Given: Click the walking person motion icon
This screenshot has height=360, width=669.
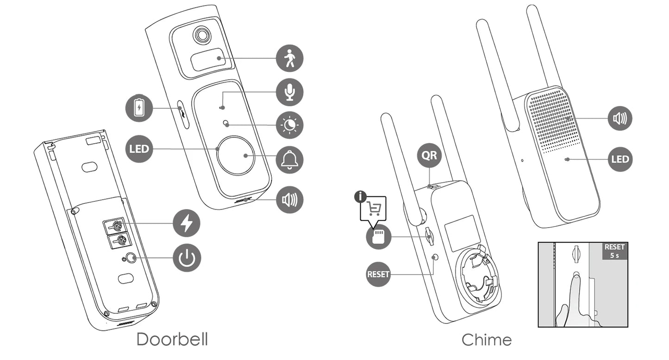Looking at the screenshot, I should [x=289, y=58].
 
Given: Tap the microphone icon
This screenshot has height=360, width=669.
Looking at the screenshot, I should [x=289, y=92].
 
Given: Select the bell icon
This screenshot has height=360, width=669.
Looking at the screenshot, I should [x=289, y=160].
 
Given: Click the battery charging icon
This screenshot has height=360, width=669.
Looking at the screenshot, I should [x=139, y=108].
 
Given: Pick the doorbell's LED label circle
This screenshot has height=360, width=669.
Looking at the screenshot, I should [x=139, y=149].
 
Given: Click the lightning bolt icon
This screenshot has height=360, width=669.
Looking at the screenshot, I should [x=187, y=223].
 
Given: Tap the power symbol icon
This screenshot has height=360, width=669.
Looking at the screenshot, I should [x=187, y=258].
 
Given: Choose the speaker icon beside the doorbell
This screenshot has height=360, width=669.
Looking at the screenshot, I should [x=289, y=200].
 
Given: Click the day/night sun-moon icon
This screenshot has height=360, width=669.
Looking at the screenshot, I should [x=289, y=125].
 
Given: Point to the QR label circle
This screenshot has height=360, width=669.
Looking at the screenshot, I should [x=429, y=156].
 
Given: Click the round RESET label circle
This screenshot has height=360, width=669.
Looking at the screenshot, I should [x=378, y=274].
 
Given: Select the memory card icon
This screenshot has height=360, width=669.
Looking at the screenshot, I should [x=378, y=237].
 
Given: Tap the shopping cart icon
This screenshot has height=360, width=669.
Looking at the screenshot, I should [x=374, y=208].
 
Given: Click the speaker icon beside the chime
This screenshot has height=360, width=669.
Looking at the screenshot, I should [x=619, y=118].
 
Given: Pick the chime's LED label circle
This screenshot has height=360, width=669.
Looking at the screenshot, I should [x=619, y=159].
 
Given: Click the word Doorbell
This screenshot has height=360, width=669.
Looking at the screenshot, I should [x=172, y=340].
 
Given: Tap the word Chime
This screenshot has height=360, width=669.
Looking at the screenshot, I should [x=487, y=340].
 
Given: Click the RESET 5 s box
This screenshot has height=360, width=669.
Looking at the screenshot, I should [x=614, y=251].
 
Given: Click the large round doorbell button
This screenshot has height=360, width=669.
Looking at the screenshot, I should [x=236, y=156].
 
